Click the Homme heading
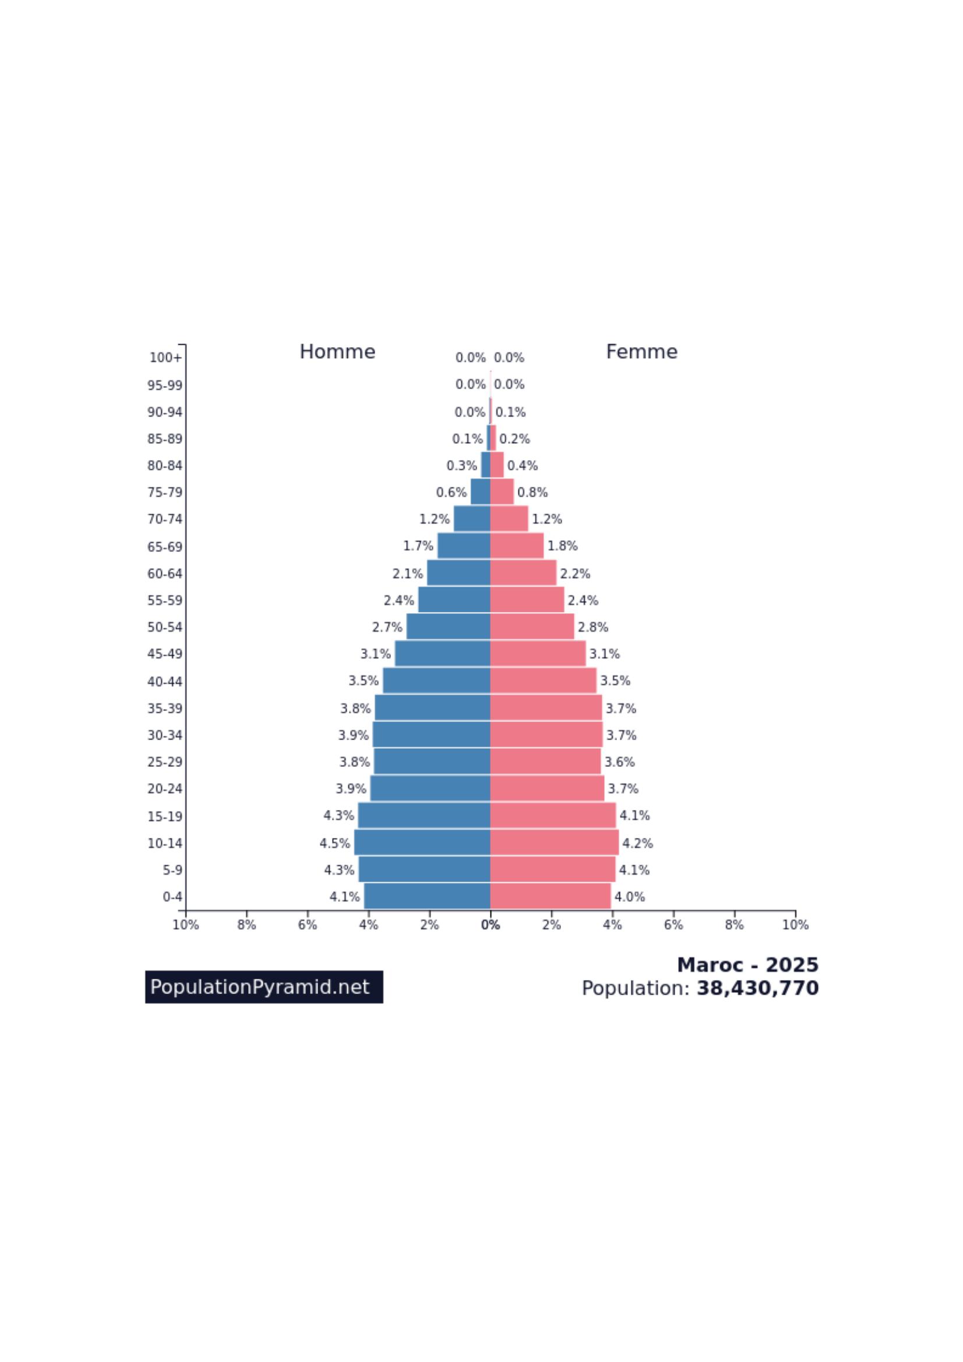tap(337, 352)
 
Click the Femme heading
tap(641, 352)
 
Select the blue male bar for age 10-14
tap(422, 843)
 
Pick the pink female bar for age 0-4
tap(550, 896)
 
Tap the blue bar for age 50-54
tap(448, 627)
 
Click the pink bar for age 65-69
tap(516, 546)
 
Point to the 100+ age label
tap(165, 358)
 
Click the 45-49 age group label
tap(165, 654)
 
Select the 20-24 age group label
tap(165, 788)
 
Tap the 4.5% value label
tap(334, 843)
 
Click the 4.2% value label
tap(637, 843)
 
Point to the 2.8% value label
tap(592, 627)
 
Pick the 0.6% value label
tap(451, 493)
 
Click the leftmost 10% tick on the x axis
tap(186, 925)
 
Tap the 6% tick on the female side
tap(673, 925)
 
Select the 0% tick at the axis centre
tap(490, 925)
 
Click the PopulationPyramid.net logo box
tap(264, 987)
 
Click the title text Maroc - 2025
tap(747, 965)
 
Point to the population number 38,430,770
tap(757, 988)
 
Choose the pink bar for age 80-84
tap(496, 465)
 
